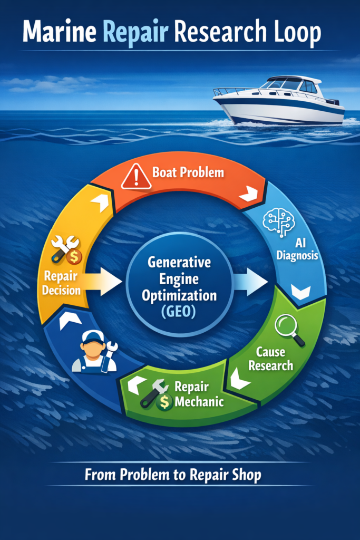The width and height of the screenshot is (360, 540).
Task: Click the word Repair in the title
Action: [135, 32]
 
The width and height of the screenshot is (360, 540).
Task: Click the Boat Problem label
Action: [188, 172]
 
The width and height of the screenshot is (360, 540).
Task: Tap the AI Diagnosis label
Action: [297, 249]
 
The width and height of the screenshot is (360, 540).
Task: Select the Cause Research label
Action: [270, 359]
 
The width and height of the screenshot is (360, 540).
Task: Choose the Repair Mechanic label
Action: [199, 394]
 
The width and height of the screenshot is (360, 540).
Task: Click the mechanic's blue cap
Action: [93, 336]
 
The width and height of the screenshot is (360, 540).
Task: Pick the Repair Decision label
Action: [61, 283]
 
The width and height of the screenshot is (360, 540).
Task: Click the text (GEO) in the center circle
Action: [178, 312]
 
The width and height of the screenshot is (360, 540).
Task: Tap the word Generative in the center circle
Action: [179, 263]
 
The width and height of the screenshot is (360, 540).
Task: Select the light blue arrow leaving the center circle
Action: [250, 282]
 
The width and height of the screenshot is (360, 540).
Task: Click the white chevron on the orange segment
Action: [248, 194]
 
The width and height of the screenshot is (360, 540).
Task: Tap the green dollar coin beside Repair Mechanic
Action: [164, 401]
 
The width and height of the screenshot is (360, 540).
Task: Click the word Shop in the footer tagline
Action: [247, 476]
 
